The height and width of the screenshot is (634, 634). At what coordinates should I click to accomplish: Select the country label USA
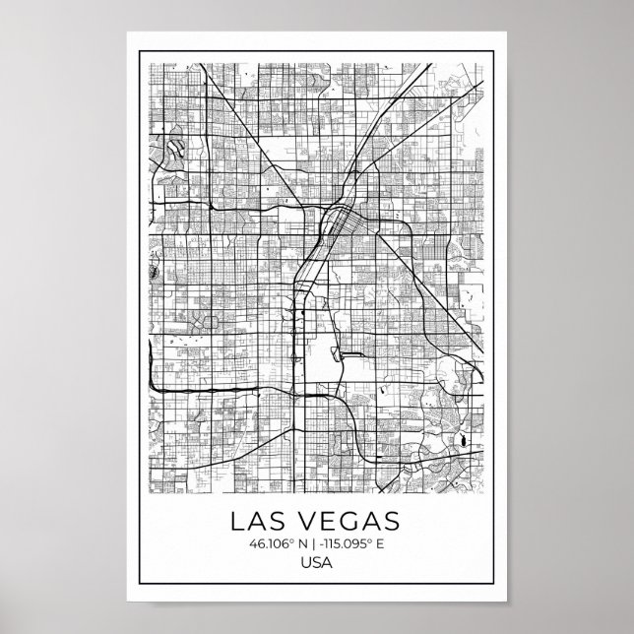pyautogui.click(x=317, y=563)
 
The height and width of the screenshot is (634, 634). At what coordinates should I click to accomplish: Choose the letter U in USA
pyautogui.click(x=306, y=563)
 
